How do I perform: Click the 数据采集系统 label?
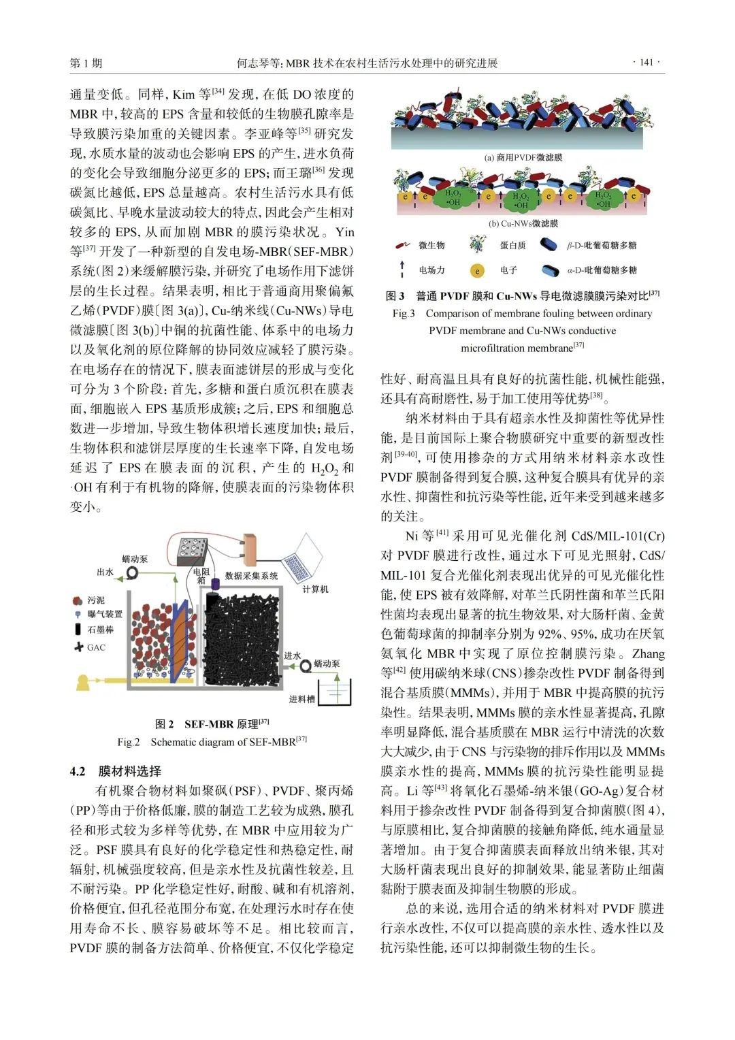point(251,576)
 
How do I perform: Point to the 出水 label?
point(105,572)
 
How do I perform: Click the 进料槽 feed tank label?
point(301,699)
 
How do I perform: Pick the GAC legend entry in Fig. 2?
point(96,647)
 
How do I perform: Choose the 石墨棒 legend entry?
point(100,630)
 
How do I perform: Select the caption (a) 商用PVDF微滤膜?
point(523,157)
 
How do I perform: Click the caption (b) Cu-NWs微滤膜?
point(523,223)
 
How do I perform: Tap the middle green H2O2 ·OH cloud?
point(521,199)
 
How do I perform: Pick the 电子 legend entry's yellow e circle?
point(477,270)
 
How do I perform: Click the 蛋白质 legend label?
point(512,245)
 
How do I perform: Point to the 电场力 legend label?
point(431,270)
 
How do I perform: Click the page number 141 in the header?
point(647,63)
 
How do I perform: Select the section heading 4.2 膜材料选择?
point(116,771)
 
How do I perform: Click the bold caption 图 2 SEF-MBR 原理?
point(212,724)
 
